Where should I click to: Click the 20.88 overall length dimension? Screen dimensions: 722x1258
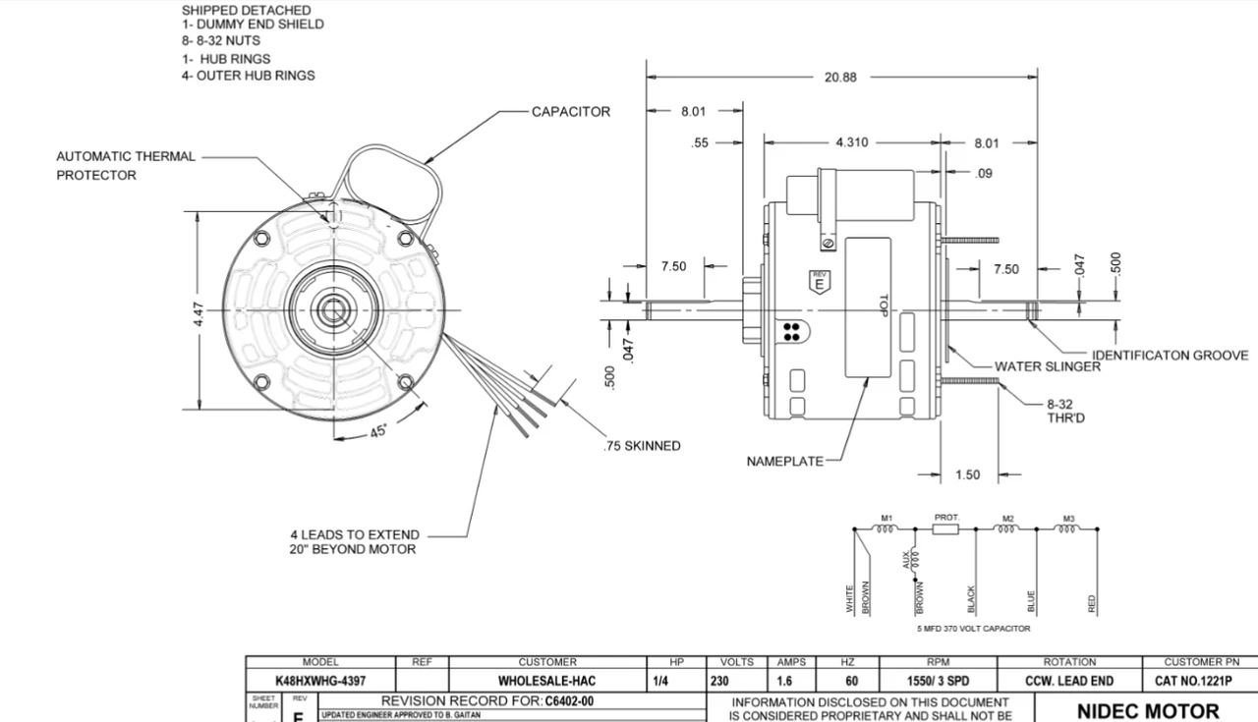840,78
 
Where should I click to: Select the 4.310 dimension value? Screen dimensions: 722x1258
851,142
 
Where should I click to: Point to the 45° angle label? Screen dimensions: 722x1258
377,430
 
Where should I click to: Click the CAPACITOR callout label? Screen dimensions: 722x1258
570,112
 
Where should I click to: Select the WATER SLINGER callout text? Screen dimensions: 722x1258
1047,367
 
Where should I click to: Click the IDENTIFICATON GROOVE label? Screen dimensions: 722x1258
1170,356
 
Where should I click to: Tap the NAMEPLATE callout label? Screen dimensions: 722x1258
784,462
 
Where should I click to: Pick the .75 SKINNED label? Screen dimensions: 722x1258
641,446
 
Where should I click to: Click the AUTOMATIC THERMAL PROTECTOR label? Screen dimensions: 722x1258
125,165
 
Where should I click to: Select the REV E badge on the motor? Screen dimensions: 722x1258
818,281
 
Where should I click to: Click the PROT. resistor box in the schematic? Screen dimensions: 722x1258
945,528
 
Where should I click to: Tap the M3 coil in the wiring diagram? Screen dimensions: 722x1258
1068,528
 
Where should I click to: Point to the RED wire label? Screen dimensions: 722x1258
1093,603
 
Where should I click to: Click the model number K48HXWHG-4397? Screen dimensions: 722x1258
319,681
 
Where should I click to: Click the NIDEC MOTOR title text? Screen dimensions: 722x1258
1148,710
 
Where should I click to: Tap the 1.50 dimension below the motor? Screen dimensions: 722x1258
967,475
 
